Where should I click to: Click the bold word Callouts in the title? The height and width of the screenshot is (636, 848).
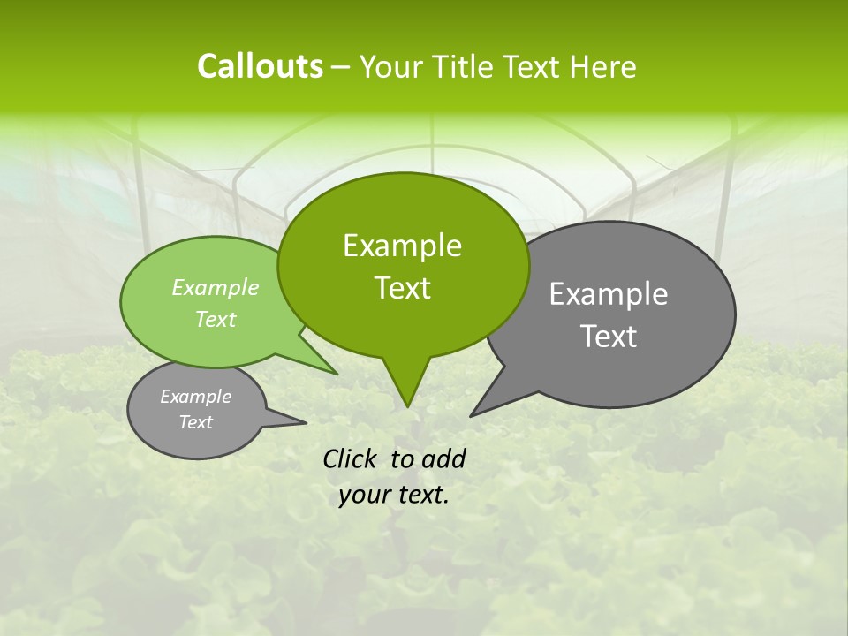point(260,66)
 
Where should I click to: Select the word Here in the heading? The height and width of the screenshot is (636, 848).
point(603,67)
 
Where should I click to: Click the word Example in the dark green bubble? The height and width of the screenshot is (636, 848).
point(402,246)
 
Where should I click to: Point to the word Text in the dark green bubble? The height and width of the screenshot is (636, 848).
point(402,288)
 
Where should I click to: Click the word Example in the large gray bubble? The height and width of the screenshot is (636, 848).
point(609,294)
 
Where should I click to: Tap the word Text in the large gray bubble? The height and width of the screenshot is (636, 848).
point(609,337)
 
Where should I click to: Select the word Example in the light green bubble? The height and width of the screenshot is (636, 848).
point(216,288)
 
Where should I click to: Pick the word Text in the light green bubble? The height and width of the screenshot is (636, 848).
point(216,319)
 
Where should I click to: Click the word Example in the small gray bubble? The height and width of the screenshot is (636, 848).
point(196,397)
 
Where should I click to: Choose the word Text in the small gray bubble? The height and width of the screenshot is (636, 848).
point(196,422)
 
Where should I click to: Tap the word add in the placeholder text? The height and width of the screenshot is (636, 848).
point(443,458)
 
